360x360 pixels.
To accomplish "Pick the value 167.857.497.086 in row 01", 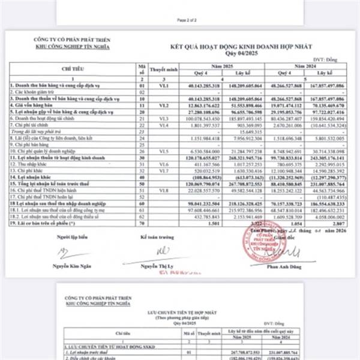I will coord(329,87).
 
